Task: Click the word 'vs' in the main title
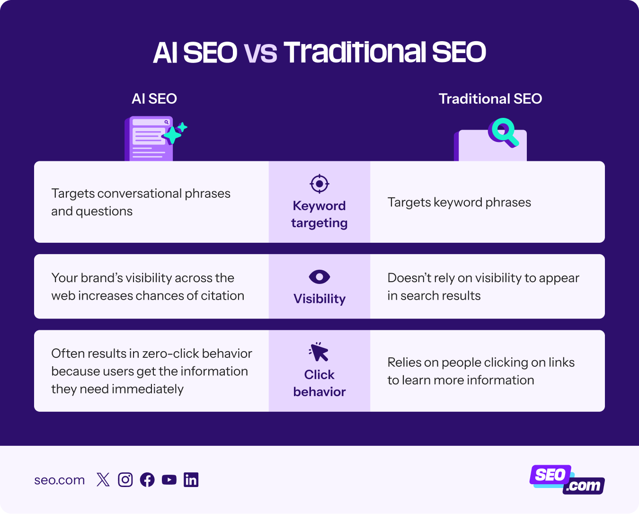coord(260,53)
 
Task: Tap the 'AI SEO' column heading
coord(154,98)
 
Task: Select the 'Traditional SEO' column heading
coord(490,98)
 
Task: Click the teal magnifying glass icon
coord(503,132)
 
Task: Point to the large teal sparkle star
coord(172,135)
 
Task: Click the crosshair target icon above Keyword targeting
coord(319,184)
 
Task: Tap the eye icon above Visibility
coord(319,277)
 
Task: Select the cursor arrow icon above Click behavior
coord(319,352)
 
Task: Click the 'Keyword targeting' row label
coord(319,214)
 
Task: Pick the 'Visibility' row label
coord(319,299)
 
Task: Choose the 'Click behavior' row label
coord(319,383)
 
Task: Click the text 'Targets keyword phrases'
coord(459,202)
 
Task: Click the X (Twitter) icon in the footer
coord(103,480)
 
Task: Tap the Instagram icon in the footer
coord(125,480)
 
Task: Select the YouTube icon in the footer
coord(169,480)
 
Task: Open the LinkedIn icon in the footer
coord(191,480)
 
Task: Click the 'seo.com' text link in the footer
coord(60,480)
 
